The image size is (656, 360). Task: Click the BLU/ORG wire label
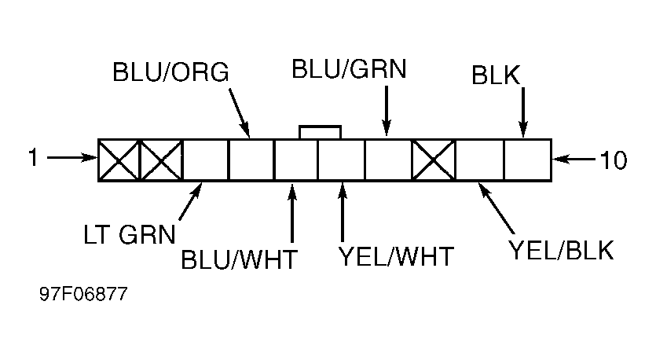(x=170, y=72)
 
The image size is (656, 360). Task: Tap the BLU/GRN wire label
(x=349, y=69)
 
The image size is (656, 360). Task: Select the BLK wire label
(x=496, y=75)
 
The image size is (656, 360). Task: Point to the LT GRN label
(x=130, y=234)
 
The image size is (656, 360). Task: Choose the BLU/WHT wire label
(x=239, y=259)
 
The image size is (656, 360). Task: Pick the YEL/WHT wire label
(x=396, y=256)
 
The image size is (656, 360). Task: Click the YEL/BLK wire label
(x=561, y=250)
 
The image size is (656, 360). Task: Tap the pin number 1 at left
(x=33, y=158)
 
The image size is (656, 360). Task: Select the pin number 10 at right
(x=614, y=160)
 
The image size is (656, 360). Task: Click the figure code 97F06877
(x=83, y=294)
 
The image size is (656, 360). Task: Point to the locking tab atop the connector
(x=320, y=132)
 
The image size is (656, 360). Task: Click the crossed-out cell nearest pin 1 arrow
(x=119, y=160)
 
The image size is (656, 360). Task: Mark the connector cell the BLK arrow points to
(x=527, y=160)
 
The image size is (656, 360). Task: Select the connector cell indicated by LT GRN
(x=205, y=160)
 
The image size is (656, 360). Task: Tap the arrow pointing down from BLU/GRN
(x=387, y=111)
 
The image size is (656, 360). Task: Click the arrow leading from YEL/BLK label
(x=497, y=208)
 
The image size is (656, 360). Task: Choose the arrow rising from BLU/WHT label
(x=292, y=213)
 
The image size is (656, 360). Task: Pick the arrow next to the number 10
(x=574, y=160)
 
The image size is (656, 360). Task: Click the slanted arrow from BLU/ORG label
(x=240, y=112)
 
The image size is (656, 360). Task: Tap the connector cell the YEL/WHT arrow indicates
(x=341, y=160)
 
